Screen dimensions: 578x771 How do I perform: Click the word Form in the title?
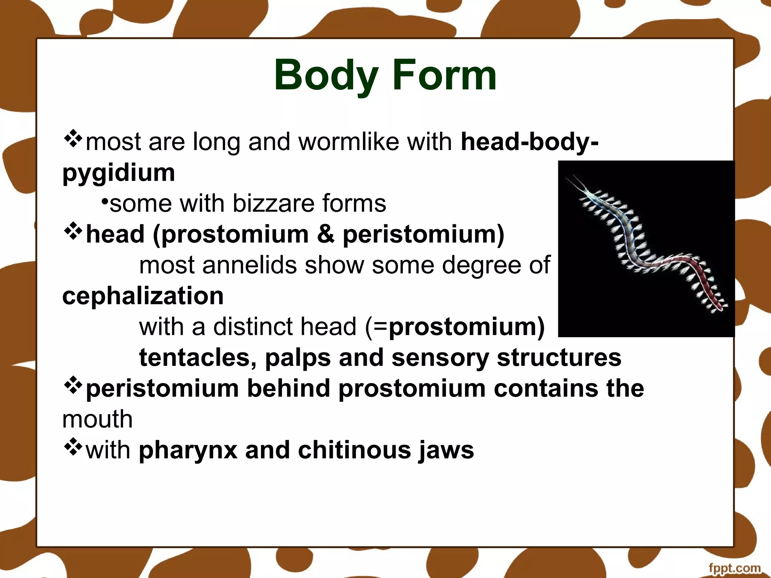click(444, 76)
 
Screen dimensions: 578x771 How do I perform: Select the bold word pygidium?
click(119, 173)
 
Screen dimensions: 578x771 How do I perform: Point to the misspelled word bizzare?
click(273, 204)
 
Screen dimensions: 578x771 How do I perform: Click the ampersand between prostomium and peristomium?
click(326, 234)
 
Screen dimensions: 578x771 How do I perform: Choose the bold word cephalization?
click(143, 296)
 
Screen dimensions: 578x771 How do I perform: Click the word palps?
click(298, 357)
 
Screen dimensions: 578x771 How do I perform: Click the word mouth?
click(98, 420)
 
